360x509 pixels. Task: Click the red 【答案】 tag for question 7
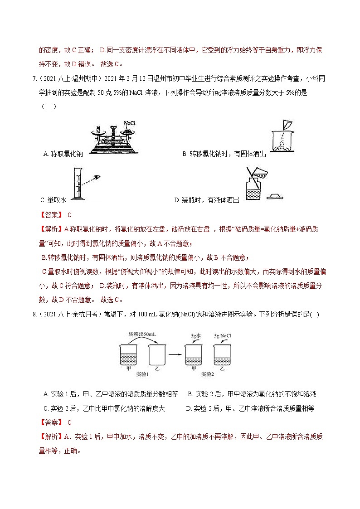[x=50, y=215]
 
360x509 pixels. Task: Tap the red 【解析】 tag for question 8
[x=50, y=436]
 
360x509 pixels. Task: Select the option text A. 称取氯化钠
[x=63, y=154]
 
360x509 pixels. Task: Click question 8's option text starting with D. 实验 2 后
[x=250, y=408]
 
